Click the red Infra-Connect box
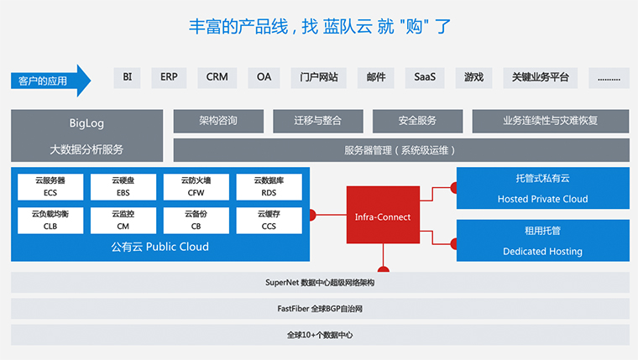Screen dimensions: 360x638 tap(383, 217)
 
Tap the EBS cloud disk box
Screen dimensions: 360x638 tap(123, 186)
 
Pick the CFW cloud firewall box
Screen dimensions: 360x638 tap(196, 186)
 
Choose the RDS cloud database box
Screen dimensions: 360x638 tap(269, 186)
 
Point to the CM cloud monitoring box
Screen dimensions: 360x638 tap(123, 220)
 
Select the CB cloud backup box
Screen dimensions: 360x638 tap(196, 220)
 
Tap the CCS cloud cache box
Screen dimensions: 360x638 tap(269, 220)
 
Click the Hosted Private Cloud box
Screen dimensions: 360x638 tap(542, 189)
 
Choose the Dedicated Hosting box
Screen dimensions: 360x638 tap(542, 240)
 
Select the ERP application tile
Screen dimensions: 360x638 tap(169, 77)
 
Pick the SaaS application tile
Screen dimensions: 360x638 tap(424, 77)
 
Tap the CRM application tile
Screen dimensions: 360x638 tap(217, 77)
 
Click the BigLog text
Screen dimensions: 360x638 tap(86, 123)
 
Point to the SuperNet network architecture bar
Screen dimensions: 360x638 tap(320, 283)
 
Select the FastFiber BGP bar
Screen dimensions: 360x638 tap(320, 309)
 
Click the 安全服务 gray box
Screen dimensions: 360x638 tap(417, 121)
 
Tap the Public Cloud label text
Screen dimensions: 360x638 tap(159, 247)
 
